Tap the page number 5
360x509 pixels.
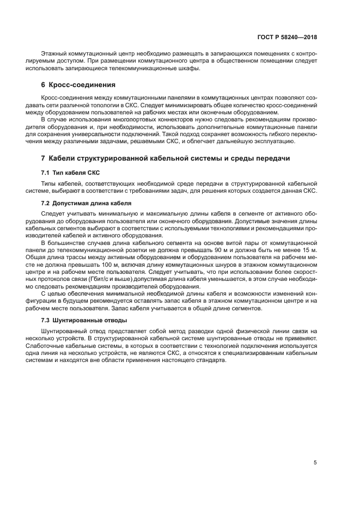[x=315, y=463]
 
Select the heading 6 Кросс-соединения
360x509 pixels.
[x=78, y=85]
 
